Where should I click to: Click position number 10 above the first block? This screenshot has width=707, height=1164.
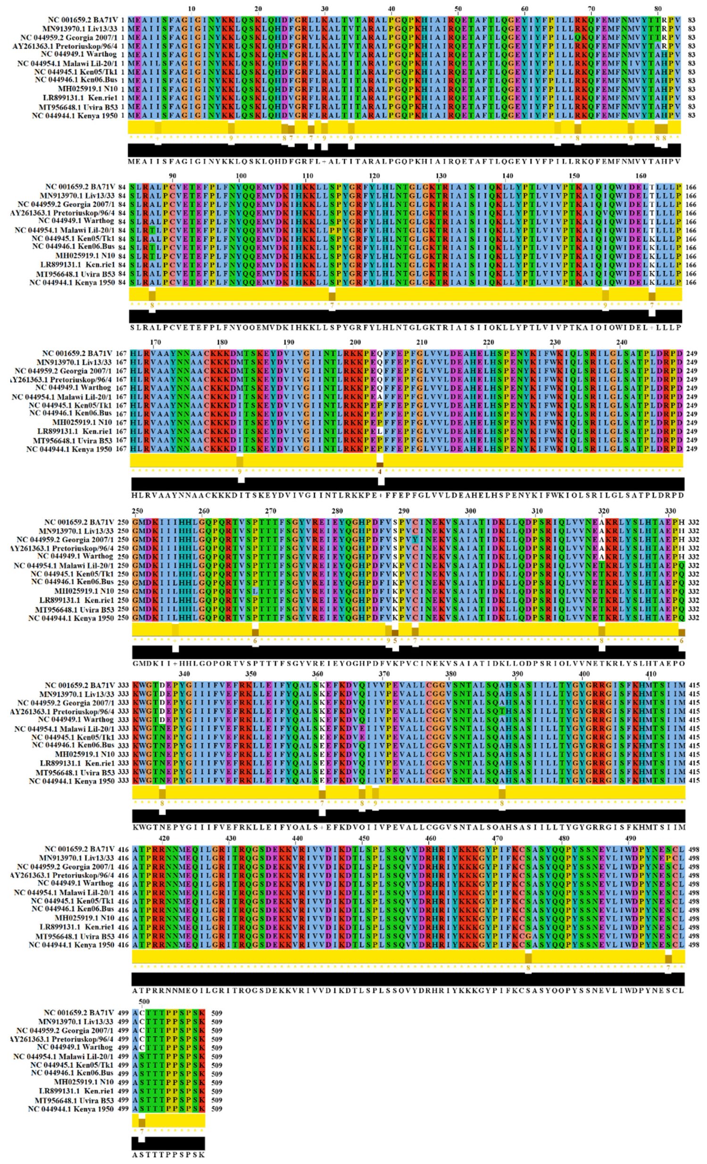click(x=191, y=9)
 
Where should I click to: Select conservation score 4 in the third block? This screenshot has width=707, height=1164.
click(x=380, y=471)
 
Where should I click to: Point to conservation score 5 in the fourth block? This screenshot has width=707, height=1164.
click(x=395, y=641)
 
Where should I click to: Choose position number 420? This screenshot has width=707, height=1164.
click(x=164, y=838)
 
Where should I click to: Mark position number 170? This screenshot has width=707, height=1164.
click(x=155, y=342)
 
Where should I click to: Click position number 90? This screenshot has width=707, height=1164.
click(x=173, y=176)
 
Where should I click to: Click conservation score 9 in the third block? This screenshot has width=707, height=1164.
click(x=240, y=471)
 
